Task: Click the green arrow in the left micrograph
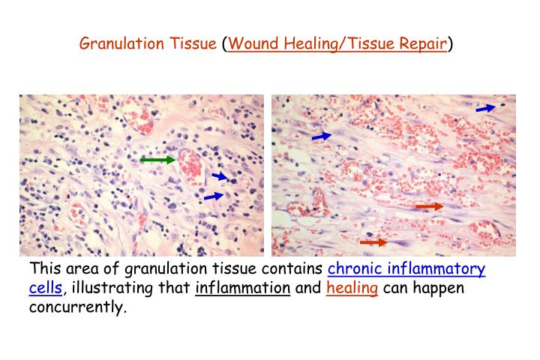point(157,160)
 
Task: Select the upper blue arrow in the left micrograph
point(220,177)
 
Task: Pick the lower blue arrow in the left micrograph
point(214,196)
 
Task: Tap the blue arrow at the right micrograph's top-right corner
point(485,109)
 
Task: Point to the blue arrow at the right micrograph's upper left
point(321,136)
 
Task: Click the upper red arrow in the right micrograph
point(429,206)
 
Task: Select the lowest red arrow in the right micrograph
point(373,242)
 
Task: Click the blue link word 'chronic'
point(356,269)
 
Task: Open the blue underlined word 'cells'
point(45,288)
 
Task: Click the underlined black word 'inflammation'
point(242,288)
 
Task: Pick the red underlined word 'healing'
point(352,289)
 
